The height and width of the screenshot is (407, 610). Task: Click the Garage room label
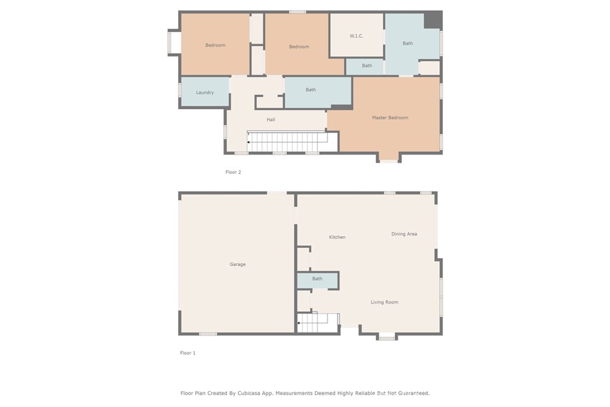(x=238, y=265)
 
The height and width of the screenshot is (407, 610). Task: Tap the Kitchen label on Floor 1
(x=337, y=237)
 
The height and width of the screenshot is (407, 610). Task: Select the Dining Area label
(x=404, y=234)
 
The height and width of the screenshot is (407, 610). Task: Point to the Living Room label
(x=384, y=302)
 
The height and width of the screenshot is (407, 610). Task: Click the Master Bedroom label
(x=390, y=118)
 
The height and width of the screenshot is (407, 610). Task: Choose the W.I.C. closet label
(x=356, y=36)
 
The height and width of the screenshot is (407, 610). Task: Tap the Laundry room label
(x=205, y=93)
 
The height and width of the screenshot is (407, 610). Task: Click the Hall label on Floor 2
(x=271, y=120)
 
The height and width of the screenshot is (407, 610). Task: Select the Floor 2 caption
(x=233, y=172)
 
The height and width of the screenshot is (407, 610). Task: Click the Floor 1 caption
(x=188, y=353)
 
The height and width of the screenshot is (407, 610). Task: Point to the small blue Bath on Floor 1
(x=318, y=279)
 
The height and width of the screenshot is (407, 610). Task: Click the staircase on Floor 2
(x=288, y=142)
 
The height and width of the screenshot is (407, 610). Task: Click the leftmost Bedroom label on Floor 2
(x=215, y=45)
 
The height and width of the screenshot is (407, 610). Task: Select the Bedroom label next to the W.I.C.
(x=299, y=47)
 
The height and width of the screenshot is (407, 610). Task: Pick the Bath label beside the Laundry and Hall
(x=311, y=90)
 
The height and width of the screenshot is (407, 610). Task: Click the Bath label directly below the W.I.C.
(x=367, y=66)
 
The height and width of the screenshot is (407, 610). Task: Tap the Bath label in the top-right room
(x=407, y=44)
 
